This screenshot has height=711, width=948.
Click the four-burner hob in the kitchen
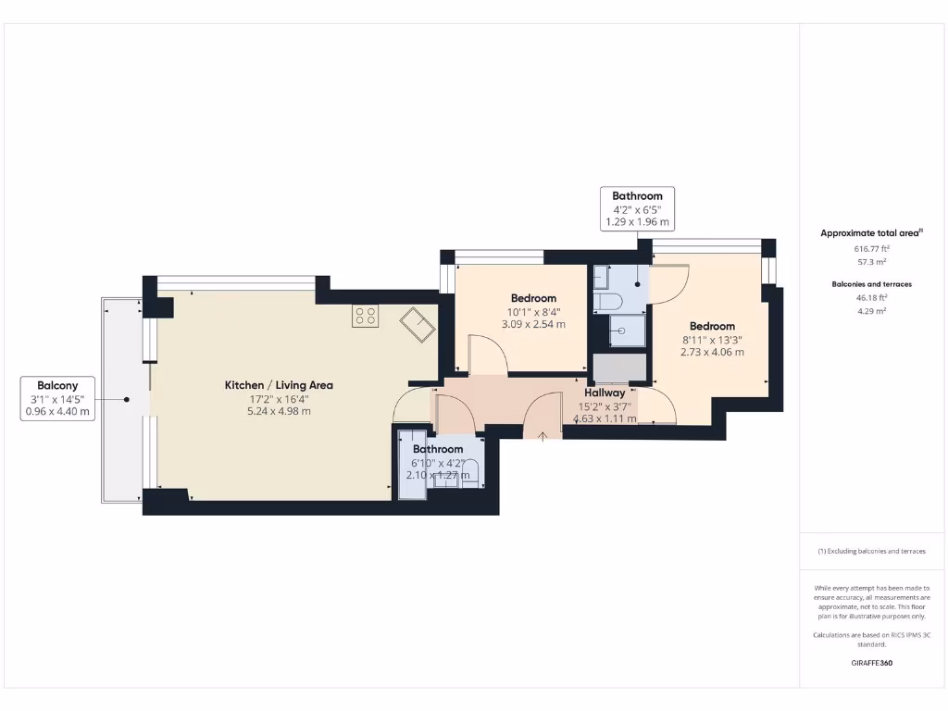point(365,316)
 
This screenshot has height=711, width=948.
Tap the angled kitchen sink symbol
point(418,325)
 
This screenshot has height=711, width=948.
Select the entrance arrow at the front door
point(543,435)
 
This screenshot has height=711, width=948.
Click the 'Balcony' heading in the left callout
point(57,385)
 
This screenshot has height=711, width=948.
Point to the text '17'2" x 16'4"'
point(279,398)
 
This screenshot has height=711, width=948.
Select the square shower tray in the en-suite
point(627,330)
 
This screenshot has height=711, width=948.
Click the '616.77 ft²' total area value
point(870,249)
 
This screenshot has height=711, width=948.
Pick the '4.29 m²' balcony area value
point(870,311)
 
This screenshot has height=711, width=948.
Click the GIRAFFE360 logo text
point(870,663)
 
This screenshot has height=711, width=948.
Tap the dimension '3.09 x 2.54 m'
point(533,324)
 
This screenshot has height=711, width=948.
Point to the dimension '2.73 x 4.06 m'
point(712,352)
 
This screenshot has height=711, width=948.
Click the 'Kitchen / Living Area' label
point(279,385)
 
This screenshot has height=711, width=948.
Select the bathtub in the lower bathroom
point(412,465)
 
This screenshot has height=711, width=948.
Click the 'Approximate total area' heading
point(870,233)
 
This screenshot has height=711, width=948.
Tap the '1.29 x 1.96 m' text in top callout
point(637,222)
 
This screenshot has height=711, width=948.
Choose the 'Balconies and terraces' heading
point(870,284)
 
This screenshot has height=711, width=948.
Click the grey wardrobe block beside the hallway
point(619,368)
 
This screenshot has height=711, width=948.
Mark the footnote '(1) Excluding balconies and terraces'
point(870,551)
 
